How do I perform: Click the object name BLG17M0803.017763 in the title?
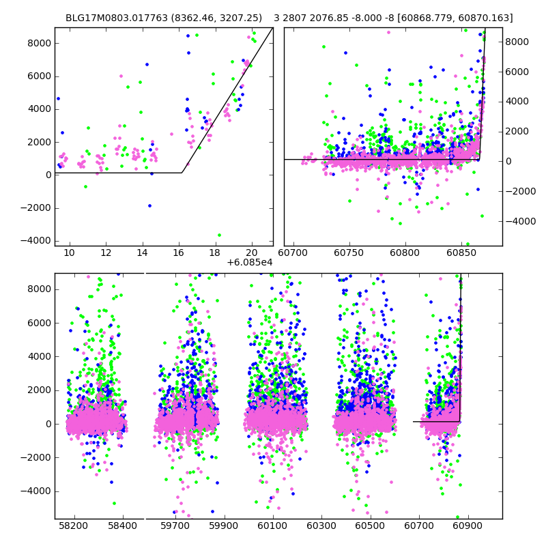[x=112, y=18]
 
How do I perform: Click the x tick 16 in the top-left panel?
[x=179, y=253]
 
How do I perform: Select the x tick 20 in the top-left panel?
[x=252, y=253]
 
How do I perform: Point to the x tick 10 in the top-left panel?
[x=69, y=253]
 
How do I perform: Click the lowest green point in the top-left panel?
[x=219, y=235]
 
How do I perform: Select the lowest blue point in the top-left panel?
[x=149, y=205]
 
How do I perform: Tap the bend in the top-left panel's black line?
[x=182, y=173]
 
